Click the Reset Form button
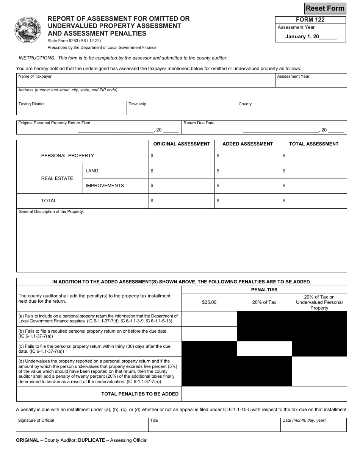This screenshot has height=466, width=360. click(x=325, y=8)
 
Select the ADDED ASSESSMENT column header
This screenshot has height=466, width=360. click(x=247, y=144)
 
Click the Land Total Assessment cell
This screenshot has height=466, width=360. click(x=314, y=171)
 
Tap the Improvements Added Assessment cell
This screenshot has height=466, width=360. click(x=247, y=186)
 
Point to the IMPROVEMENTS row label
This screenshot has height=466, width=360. click(x=105, y=186)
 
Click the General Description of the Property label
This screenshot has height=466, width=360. click(x=51, y=212)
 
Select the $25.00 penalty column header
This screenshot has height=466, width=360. click(x=209, y=302)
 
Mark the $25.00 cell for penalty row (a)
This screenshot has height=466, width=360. click(x=209, y=319)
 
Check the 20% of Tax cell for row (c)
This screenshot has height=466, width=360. click(x=264, y=349)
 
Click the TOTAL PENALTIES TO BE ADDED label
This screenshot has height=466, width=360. click(x=140, y=394)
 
